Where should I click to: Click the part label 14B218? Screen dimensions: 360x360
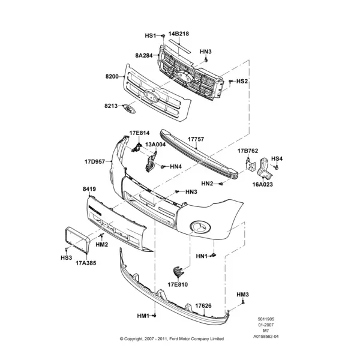point(179,34)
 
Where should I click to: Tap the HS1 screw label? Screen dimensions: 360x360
point(151,35)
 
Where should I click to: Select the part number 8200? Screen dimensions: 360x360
point(112,76)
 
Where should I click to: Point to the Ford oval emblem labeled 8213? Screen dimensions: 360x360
point(130,109)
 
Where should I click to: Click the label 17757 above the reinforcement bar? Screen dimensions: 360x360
point(196,139)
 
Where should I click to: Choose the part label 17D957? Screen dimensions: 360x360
point(95,161)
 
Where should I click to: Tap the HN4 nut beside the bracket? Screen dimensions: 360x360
point(163,167)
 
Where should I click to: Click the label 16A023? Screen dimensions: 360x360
point(263,184)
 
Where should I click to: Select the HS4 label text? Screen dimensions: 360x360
point(277,158)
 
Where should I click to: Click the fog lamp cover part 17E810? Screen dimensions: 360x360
point(178,272)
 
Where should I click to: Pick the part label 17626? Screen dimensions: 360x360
point(203,305)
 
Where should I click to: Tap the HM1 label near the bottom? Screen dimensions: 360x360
point(143,316)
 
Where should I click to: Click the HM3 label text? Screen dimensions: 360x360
point(242,295)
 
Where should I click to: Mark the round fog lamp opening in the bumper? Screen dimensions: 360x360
point(200,227)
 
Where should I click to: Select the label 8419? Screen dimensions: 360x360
point(89,189)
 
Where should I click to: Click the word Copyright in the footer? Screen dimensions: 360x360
point(133,339)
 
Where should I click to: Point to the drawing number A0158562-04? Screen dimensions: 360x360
point(266,337)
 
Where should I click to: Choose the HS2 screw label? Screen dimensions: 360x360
point(242,81)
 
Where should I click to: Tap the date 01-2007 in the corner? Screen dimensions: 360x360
point(266,325)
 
